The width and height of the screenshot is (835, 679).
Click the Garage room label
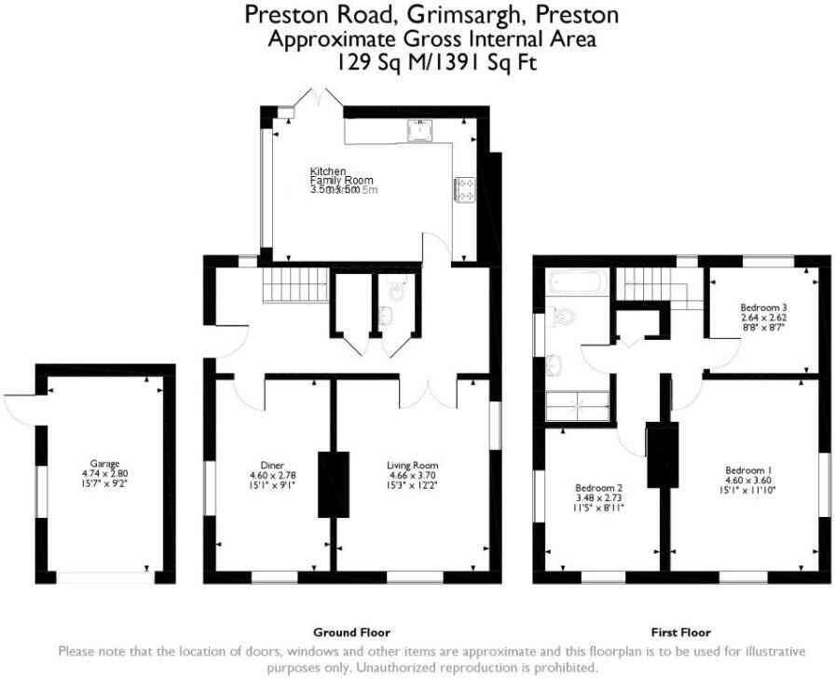[103, 463]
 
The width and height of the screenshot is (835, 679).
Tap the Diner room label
[272, 465]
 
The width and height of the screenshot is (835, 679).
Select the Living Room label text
[412, 465]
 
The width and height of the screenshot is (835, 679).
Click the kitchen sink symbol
[420, 130]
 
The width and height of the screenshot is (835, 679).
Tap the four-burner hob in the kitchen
[463, 189]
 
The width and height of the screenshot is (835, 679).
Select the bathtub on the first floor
[577, 282]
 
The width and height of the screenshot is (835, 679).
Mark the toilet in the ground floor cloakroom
[397, 290]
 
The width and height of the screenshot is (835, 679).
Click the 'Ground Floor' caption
[351, 631]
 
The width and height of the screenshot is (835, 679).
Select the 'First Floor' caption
[681, 631]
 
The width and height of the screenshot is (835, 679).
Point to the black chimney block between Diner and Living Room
[333, 483]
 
